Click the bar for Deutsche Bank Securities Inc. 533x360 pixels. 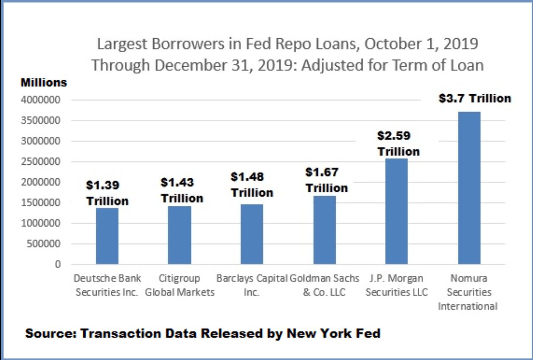pyautogui.click(x=107, y=236)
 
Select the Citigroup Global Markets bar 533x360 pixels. pyautogui.click(x=180, y=235)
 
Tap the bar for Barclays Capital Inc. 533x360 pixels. pyautogui.click(x=252, y=234)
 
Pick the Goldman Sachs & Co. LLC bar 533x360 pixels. pyautogui.click(x=325, y=230)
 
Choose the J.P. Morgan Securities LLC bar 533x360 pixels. pyautogui.click(x=396, y=211)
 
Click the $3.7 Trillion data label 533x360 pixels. pyautogui.click(x=475, y=98)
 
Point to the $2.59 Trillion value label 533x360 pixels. pyautogui.click(x=398, y=143)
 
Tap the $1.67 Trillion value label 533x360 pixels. pyautogui.click(x=326, y=180)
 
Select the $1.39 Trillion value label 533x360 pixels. pyautogui.click(x=107, y=193)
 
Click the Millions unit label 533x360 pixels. pyautogui.click(x=44, y=82)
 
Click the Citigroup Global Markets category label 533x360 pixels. pyautogui.click(x=180, y=286)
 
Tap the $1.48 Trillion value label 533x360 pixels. pyautogui.click(x=252, y=185)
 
